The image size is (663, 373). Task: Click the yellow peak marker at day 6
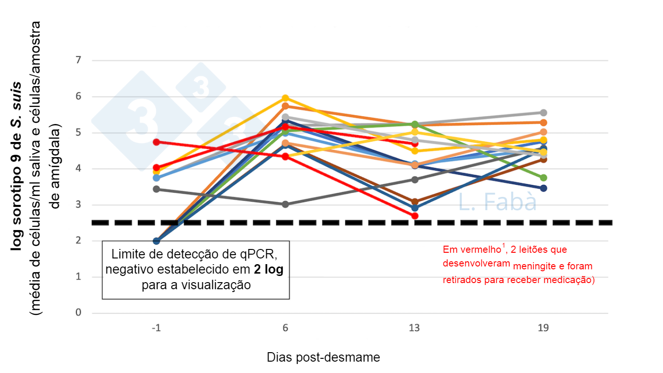point(286,98)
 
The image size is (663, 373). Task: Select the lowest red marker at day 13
point(415,216)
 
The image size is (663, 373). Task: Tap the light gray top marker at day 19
point(544,113)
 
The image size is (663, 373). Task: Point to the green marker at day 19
point(544,178)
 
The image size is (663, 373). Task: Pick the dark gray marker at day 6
point(286,204)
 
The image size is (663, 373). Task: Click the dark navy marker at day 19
point(544,188)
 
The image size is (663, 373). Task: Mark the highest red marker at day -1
point(156,142)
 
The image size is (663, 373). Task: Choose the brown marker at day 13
point(415,202)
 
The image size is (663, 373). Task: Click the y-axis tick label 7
point(78,61)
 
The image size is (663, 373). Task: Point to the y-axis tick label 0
point(78,313)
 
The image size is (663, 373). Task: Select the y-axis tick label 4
point(78,169)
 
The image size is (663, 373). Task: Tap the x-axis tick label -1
point(156,328)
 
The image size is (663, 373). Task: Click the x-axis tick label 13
point(415,328)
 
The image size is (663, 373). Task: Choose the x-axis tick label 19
point(544,328)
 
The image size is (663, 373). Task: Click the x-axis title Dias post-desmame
point(323,357)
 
